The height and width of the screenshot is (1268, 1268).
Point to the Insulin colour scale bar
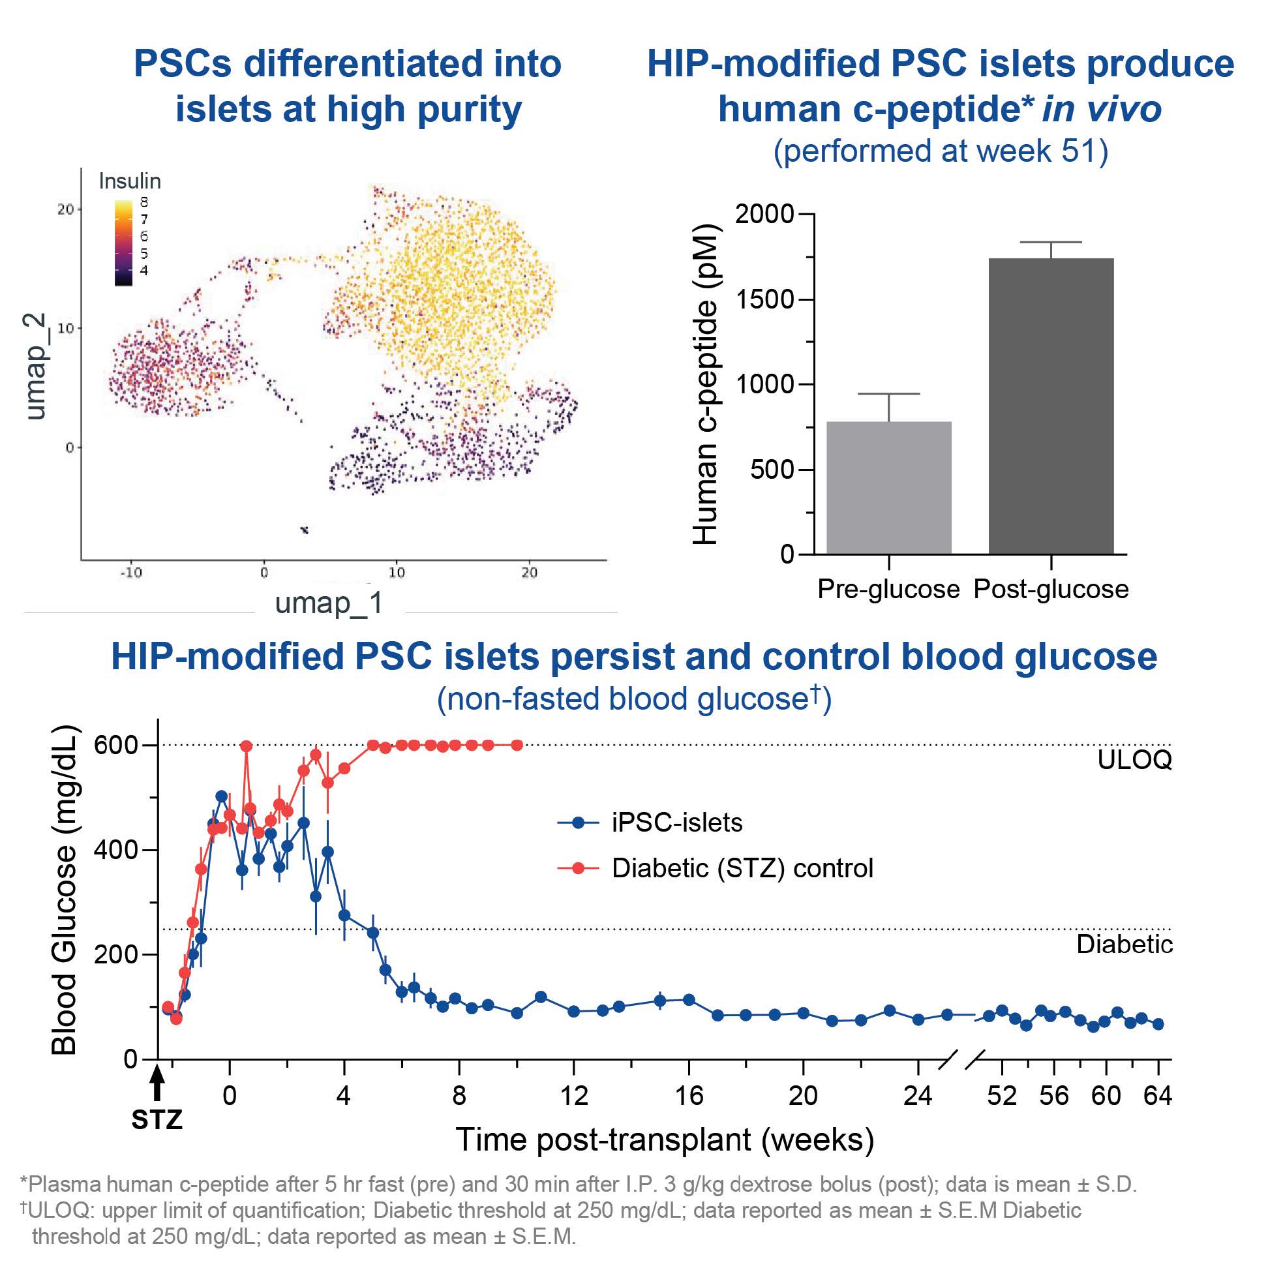click(123, 243)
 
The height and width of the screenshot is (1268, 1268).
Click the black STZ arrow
click(157, 1083)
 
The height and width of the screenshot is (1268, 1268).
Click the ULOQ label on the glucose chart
click(1134, 760)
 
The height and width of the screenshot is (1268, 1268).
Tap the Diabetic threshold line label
click(1125, 944)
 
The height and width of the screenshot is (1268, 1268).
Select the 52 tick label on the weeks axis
click(1001, 1096)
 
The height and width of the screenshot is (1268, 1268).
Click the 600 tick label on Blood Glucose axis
click(115, 745)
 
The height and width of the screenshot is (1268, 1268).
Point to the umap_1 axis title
click(329, 603)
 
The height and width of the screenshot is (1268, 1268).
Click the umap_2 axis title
click(36, 365)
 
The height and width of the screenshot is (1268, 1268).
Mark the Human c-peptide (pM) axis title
click(706, 385)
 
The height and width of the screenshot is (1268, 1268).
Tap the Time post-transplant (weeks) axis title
click(664, 1140)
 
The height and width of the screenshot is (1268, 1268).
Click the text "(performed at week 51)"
click(941, 151)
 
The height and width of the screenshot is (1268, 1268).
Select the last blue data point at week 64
click(1158, 1024)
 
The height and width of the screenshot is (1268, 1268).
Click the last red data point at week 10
click(517, 745)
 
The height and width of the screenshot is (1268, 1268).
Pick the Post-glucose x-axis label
click(1051, 590)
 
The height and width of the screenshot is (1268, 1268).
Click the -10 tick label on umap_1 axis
click(130, 572)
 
